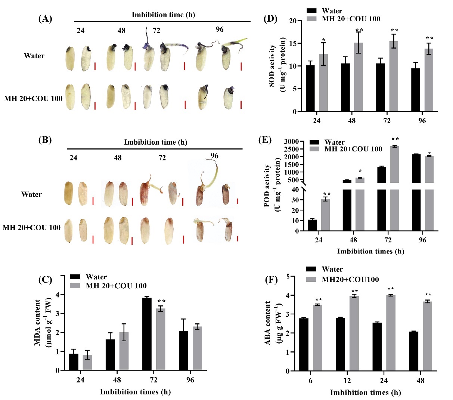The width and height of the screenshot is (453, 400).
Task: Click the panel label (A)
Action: point(45,19)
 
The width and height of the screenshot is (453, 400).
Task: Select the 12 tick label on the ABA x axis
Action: point(347,380)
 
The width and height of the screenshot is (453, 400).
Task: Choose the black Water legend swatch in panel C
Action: point(75,277)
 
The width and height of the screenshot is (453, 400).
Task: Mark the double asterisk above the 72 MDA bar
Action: point(161,301)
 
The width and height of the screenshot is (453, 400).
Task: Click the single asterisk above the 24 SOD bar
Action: point(323,40)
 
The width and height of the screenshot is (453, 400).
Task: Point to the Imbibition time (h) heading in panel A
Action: point(163,15)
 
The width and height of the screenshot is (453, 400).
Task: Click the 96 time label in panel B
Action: point(214,156)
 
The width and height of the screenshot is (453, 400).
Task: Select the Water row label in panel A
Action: point(34,56)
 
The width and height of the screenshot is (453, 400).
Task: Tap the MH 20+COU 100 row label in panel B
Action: point(31,228)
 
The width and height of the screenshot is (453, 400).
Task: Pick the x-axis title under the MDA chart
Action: point(135,392)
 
